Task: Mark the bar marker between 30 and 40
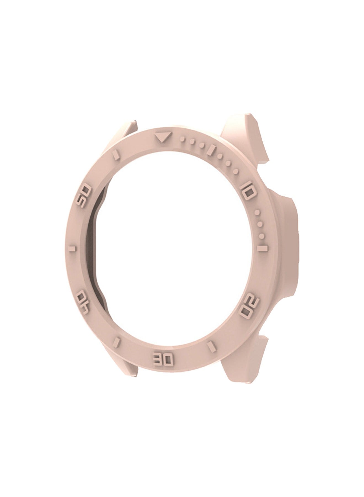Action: [118, 340]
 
